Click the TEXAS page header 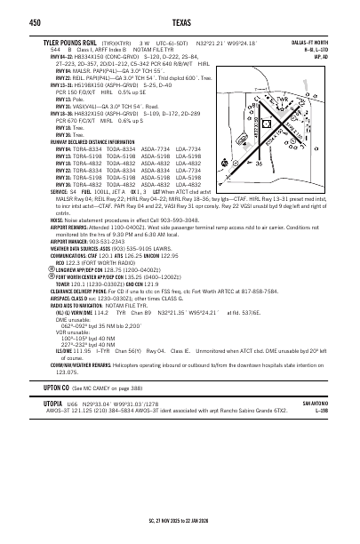click(x=180, y=22)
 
